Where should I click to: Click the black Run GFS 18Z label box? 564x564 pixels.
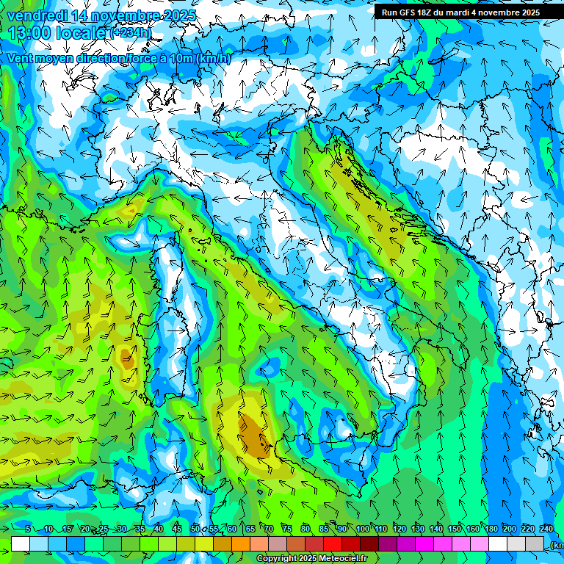[x=460, y=12]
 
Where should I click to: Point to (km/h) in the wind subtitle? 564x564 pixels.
[x=213, y=59]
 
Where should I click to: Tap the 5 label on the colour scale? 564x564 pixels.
[x=27, y=529]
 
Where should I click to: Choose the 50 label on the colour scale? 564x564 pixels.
[x=195, y=529]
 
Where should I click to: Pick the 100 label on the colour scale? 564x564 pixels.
[x=362, y=529]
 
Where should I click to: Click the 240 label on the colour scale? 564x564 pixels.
[x=546, y=529]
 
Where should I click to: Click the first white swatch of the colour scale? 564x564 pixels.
[x=21, y=543]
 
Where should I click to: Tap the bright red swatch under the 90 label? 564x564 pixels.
[x=333, y=543]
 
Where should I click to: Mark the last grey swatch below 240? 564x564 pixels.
[x=535, y=543]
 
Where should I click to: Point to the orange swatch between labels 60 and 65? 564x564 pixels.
[x=241, y=543]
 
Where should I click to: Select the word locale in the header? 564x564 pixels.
[x=81, y=32]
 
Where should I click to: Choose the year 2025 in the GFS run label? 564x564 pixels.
[x=527, y=12]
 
